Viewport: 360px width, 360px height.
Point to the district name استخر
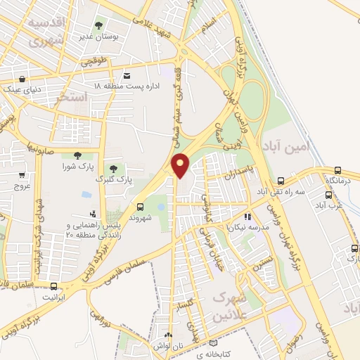[x=70, y=98]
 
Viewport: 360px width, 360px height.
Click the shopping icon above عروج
[x=22, y=175]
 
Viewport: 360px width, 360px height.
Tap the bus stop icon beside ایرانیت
[x=54, y=285]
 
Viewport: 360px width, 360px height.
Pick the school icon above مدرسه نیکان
[x=247, y=217]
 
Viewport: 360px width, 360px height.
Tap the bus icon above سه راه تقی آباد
[x=281, y=180]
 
